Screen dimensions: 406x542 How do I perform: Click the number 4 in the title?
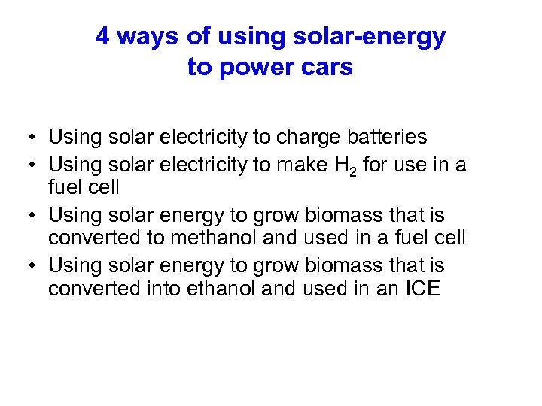(103, 36)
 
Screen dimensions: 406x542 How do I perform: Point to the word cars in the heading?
(326, 68)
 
